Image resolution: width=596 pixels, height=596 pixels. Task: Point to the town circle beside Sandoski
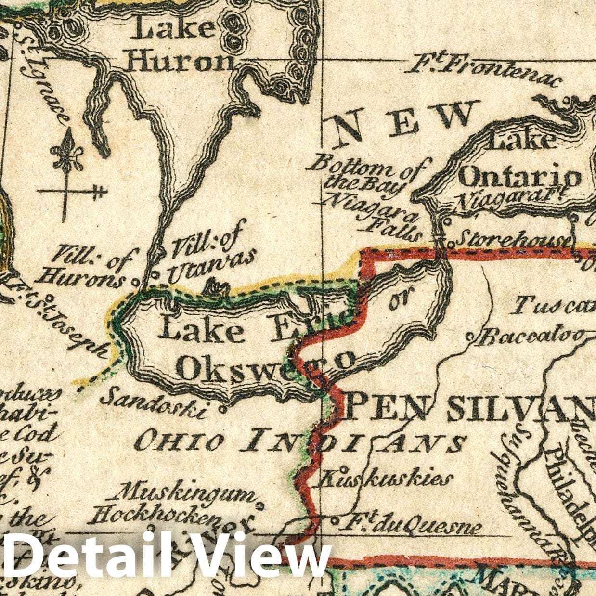[x=222, y=410]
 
